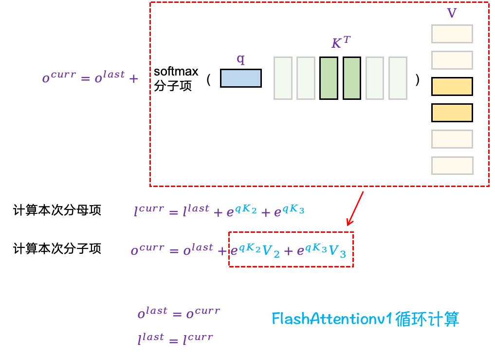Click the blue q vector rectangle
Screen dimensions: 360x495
coord(240,78)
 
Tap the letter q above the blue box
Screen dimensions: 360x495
coord(240,59)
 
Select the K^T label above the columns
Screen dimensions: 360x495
coord(340,43)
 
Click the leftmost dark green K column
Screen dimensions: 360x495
coord(329,78)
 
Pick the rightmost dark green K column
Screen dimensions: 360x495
coord(351,78)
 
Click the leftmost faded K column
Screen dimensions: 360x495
coord(283,78)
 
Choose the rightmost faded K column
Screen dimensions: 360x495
coord(398,78)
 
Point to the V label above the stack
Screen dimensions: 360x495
coord(452,13)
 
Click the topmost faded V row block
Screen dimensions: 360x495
coord(452,34)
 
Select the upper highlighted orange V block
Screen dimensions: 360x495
coord(452,86)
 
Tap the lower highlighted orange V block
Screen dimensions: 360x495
coord(452,113)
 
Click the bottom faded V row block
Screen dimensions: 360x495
coord(452,165)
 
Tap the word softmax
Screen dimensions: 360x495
coord(176,72)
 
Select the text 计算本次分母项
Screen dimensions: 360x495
coord(57,210)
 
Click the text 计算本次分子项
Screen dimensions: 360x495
coord(57,249)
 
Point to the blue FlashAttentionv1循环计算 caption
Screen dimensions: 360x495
coord(365,319)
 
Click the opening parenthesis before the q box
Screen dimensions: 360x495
coord(208,79)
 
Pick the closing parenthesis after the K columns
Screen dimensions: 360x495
coord(417,79)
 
